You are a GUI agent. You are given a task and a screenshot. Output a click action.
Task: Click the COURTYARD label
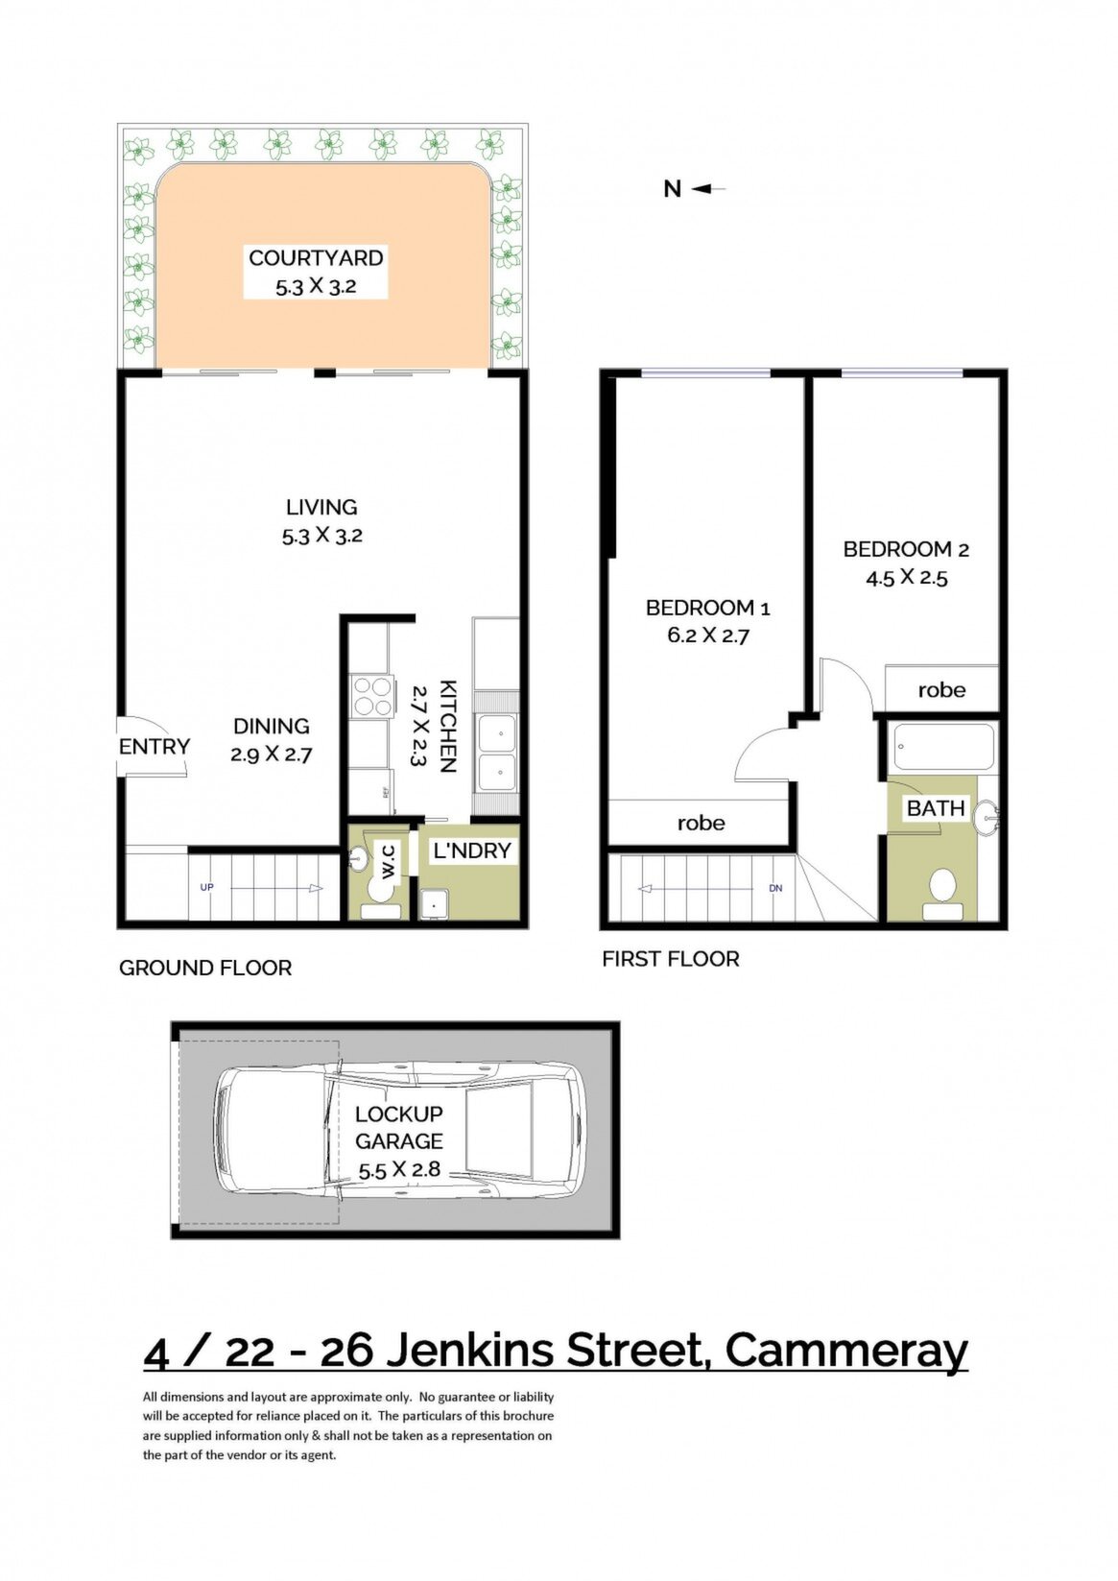316,257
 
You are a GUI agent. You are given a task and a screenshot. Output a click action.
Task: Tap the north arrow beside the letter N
708,188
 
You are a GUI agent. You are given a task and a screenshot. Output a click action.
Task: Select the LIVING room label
321,507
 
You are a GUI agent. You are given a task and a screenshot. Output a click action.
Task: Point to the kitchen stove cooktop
371,696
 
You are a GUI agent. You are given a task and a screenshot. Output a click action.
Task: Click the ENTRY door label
155,746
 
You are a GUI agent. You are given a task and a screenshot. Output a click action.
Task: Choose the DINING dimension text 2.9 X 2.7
271,755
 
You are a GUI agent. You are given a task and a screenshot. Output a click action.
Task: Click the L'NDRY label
471,850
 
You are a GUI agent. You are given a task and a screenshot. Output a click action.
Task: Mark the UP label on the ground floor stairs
206,887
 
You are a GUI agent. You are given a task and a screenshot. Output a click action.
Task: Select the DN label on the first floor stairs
775,888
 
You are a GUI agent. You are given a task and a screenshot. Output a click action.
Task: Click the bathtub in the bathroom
943,748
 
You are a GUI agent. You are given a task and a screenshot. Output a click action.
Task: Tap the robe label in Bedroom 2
941,689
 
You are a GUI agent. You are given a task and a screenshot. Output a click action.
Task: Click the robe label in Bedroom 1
701,823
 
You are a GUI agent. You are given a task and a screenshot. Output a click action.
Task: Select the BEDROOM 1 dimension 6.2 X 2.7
708,635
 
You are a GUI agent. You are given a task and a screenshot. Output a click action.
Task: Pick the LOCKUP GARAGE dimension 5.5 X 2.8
399,1169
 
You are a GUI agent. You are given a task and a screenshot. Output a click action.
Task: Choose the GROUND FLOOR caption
205,968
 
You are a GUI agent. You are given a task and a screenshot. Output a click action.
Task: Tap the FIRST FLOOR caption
671,959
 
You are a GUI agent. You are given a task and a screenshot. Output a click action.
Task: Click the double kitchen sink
497,752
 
